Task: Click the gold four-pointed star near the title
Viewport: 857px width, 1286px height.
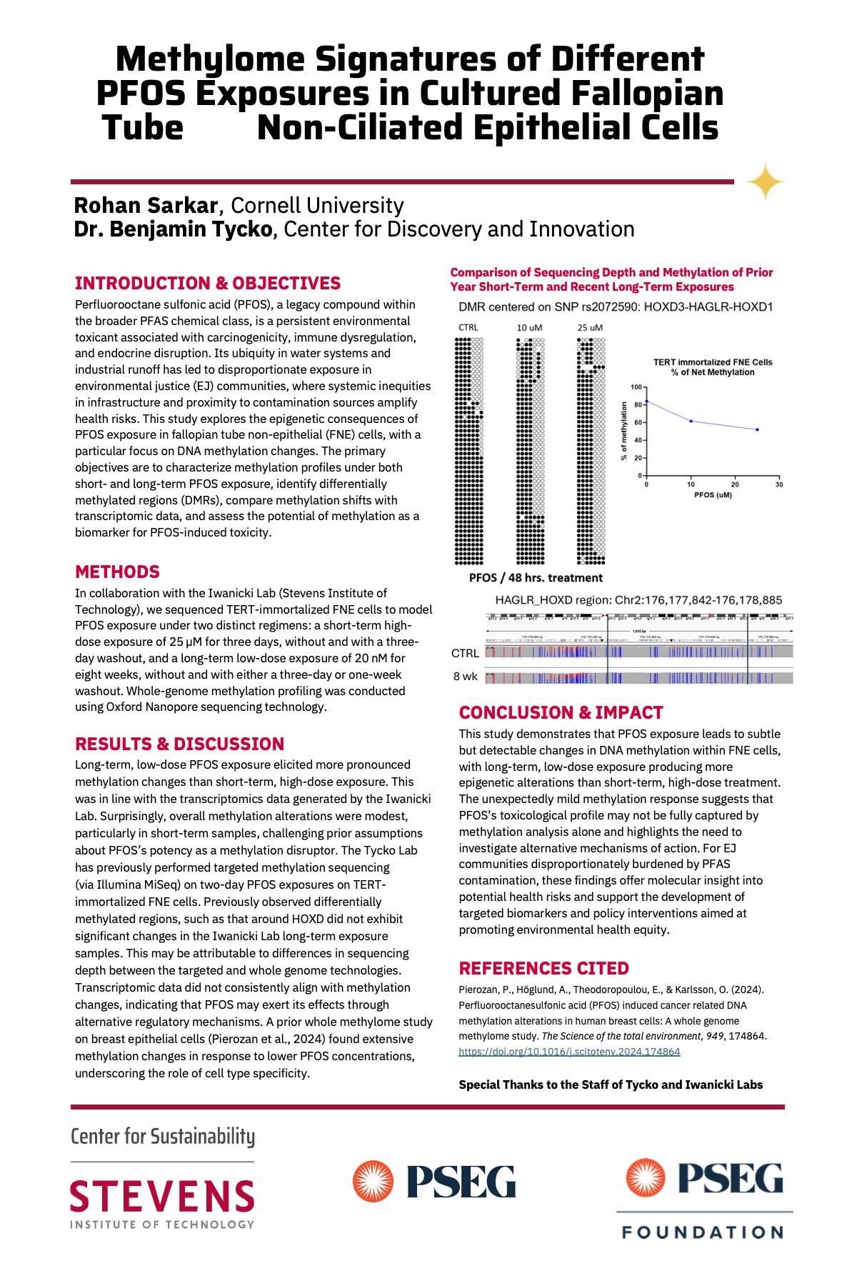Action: [x=765, y=181]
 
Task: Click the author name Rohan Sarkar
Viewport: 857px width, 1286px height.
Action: [x=145, y=206]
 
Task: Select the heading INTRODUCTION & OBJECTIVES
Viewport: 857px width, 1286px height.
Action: [x=207, y=283]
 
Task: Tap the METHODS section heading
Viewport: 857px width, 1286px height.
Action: [x=117, y=572]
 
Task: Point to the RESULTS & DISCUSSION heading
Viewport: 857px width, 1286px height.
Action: [x=179, y=744]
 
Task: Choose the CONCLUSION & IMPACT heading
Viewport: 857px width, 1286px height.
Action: [x=561, y=712]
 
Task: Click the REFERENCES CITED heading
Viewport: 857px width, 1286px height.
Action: [x=543, y=968]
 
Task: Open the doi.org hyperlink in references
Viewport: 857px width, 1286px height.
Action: [x=569, y=1052]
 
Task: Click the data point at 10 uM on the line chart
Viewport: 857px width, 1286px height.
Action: [x=691, y=421]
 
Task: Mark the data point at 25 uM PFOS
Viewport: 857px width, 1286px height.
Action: [x=757, y=429]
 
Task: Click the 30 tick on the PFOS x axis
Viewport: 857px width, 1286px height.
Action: [x=779, y=484]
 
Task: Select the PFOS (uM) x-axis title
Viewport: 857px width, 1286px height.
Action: [x=713, y=494]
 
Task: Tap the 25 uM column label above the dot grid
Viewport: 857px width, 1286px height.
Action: [x=590, y=327]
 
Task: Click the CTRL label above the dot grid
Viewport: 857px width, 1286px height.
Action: [x=468, y=327]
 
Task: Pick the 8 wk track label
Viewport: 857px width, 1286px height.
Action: [x=465, y=676]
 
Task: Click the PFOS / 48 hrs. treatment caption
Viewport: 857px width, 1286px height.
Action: [x=536, y=577]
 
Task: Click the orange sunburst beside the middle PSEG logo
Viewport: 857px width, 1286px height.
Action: [x=374, y=1180]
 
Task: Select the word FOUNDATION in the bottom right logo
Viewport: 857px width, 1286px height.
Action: [x=703, y=1232]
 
